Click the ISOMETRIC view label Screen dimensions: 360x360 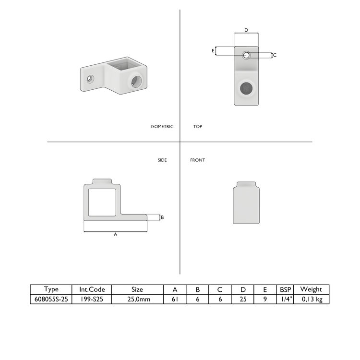tap(162, 127)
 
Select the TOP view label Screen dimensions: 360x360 tap(198, 127)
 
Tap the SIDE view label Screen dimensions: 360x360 tap(162, 160)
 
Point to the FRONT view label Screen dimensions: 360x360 tap(197, 160)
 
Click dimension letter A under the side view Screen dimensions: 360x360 tap(115, 235)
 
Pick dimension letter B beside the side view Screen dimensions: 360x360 tap(162, 217)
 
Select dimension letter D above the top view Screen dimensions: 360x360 tap(246, 30)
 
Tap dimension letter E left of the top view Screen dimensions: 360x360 tap(213, 50)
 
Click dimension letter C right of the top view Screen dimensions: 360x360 tap(275, 55)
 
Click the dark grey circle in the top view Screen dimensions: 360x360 tap(246, 88)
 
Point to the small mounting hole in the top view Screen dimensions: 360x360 tap(246, 55)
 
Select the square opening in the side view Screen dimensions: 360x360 tap(101, 202)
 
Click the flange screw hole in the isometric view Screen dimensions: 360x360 tap(90, 79)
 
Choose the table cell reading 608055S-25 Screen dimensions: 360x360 tap(51, 299)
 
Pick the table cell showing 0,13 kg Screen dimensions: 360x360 tap(312, 299)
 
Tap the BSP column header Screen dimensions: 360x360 tap(285, 289)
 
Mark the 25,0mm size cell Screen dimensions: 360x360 tap(137, 299)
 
